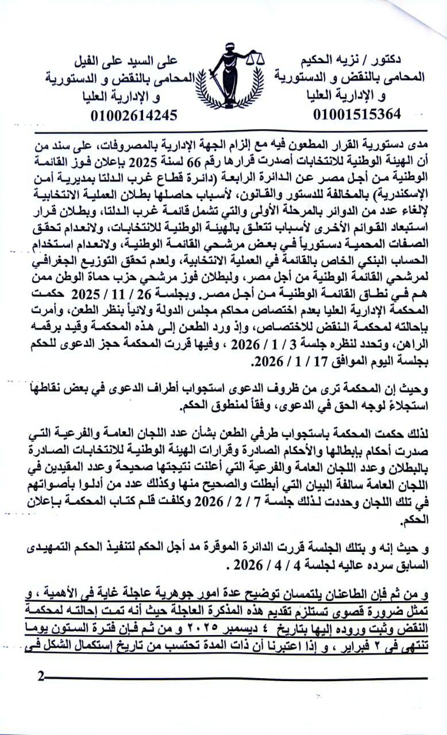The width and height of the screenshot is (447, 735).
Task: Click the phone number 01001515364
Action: (357, 113)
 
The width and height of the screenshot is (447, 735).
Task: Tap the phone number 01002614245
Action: (133, 115)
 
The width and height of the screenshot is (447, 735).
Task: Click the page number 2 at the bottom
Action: (40, 675)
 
